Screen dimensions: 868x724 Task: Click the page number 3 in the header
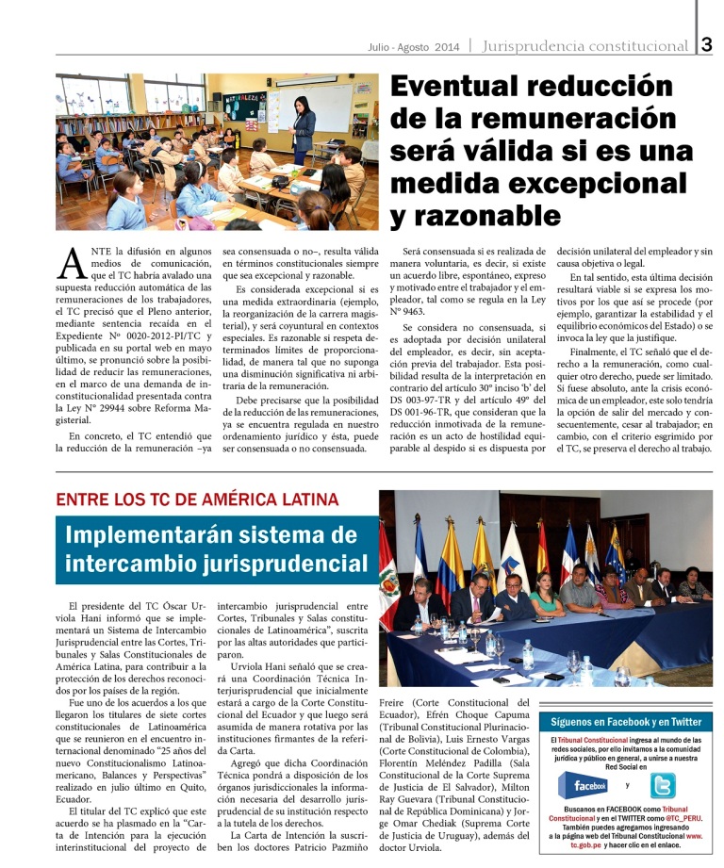click(x=708, y=43)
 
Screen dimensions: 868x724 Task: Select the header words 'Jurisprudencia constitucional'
click(x=584, y=45)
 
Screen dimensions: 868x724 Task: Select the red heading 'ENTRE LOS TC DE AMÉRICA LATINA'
click(x=197, y=500)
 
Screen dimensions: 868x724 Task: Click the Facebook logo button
click(x=584, y=785)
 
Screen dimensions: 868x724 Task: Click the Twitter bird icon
click(x=663, y=785)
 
